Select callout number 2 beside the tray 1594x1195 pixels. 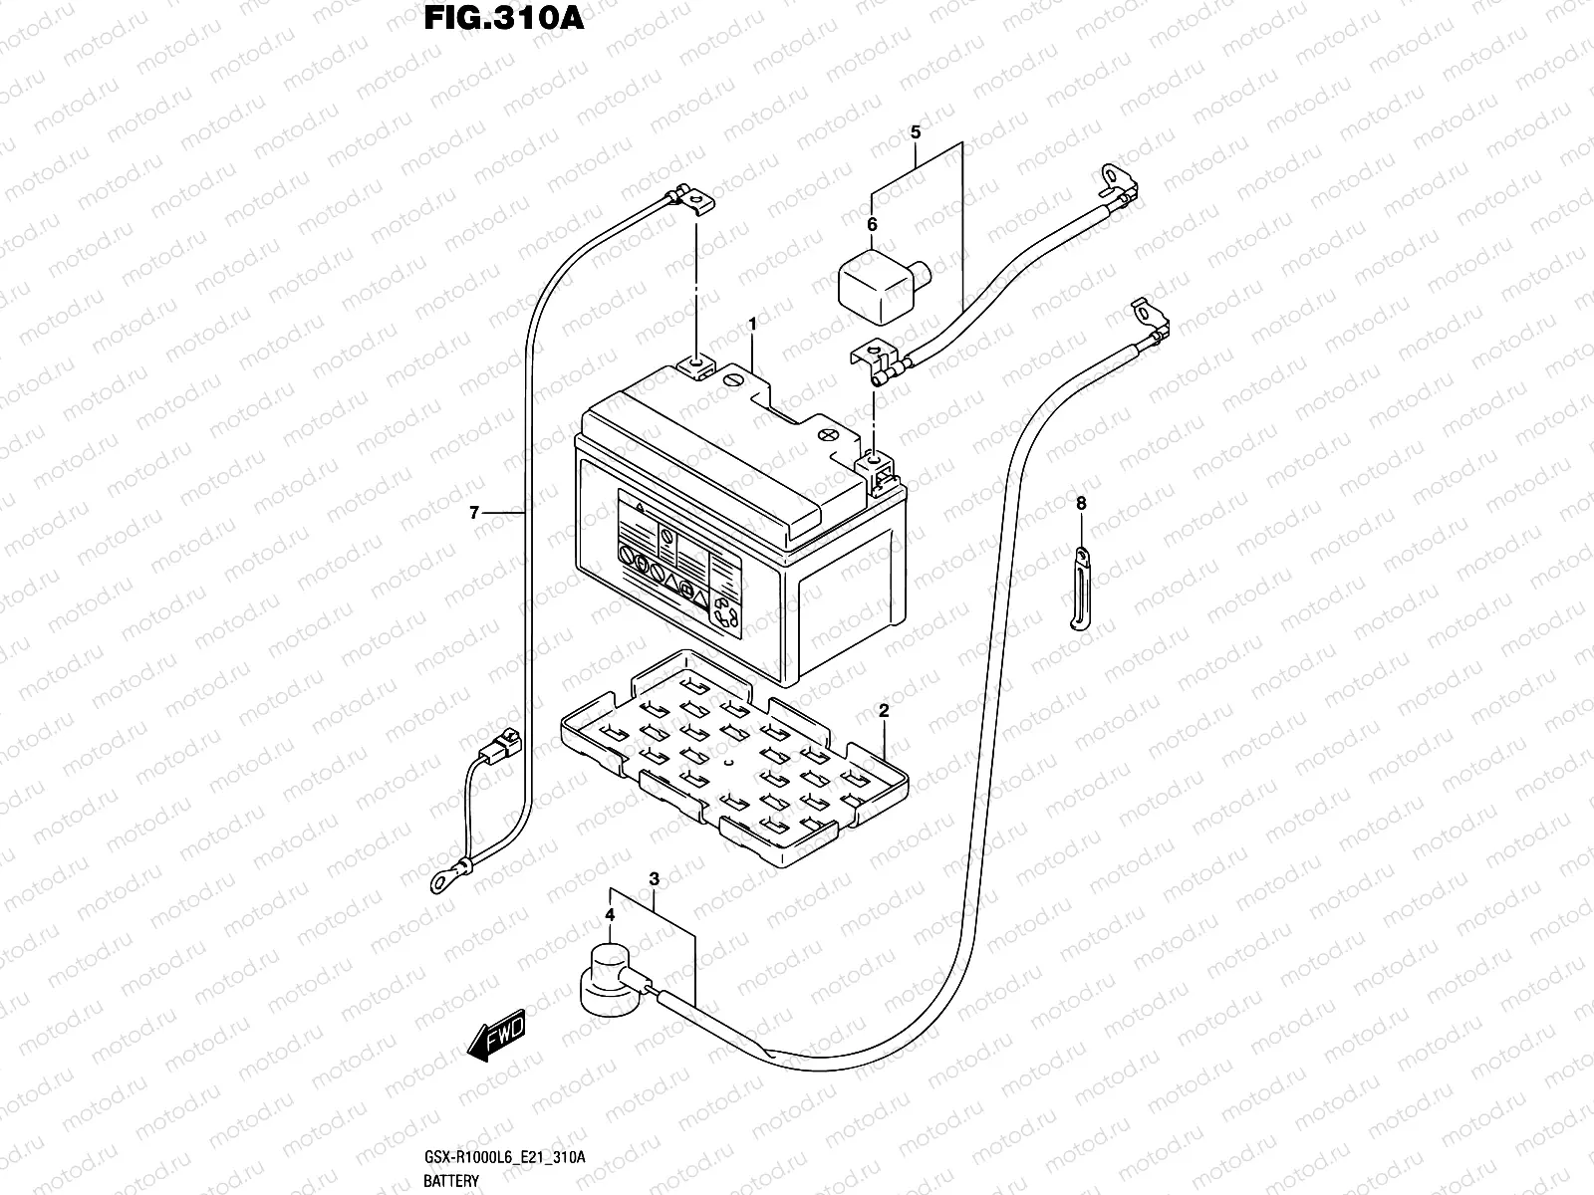click(884, 711)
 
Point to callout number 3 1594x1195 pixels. click(655, 879)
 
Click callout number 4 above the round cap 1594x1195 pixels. click(610, 913)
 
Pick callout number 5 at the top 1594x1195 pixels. click(916, 132)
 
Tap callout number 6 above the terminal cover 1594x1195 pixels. click(872, 225)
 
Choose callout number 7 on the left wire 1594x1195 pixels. click(475, 513)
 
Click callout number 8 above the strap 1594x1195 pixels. click(1081, 503)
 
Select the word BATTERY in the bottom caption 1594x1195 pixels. click(451, 1181)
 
